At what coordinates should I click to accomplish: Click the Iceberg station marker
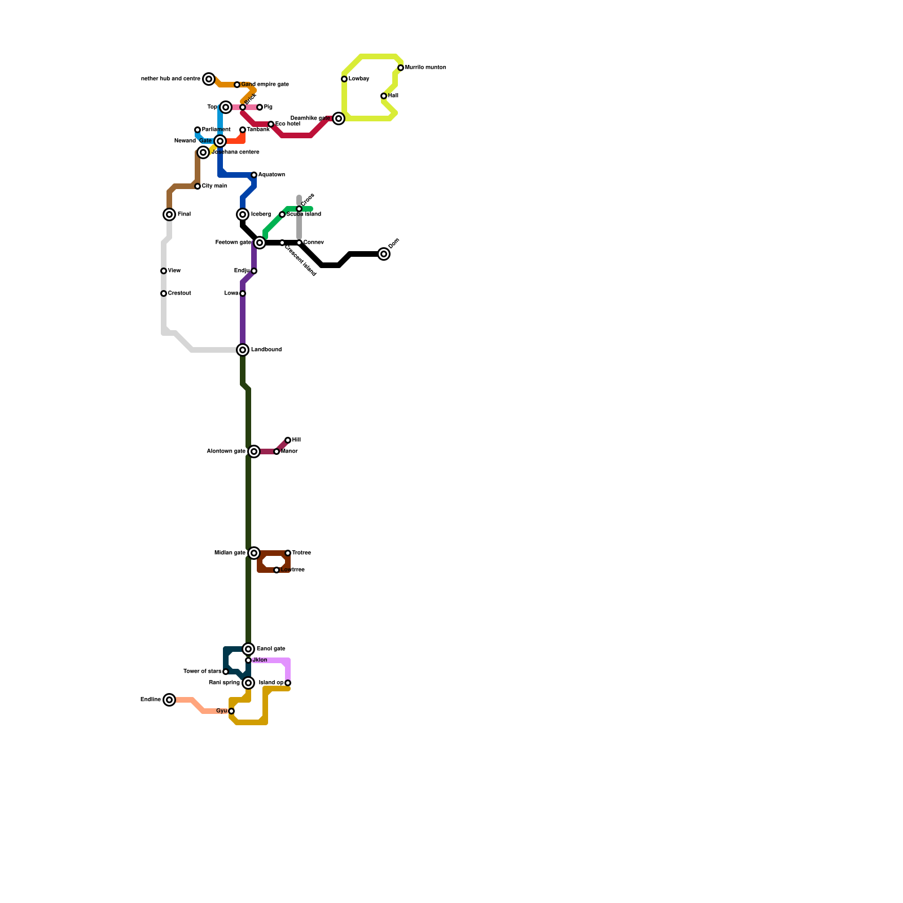click(x=243, y=214)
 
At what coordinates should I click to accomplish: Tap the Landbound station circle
click(x=243, y=350)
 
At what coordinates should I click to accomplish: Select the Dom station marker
click(x=384, y=254)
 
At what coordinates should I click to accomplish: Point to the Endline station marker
click(x=169, y=700)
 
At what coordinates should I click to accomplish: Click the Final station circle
click(x=169, y=214)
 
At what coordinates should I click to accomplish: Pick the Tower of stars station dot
click(x=226, y=672)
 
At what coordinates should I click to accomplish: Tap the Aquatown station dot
click(x=254, y=175)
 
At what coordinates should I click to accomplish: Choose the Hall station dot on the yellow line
click(x=384, y=96)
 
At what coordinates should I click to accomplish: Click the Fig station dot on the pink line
click(x=260, y=107)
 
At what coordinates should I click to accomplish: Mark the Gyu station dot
click(x=231, y=711)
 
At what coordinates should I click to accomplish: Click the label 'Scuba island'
click(x=304, y=214)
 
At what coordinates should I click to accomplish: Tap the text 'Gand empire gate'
click(x=265, y=85)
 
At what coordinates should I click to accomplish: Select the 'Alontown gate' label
click(x=226, y=451)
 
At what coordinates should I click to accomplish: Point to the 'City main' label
click(x=214, y=186)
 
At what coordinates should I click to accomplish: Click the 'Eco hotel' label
click(x=288, y=124)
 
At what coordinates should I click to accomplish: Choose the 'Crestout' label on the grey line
click(x=179, y=293)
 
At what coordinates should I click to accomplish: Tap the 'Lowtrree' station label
click(x=293, y=570)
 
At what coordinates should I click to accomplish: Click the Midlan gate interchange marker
click(x=254, y=553)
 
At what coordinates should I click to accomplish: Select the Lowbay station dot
click(x=344, y=79)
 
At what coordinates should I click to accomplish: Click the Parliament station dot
click(x=198, y=130)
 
